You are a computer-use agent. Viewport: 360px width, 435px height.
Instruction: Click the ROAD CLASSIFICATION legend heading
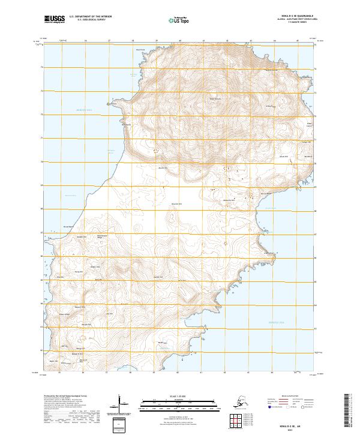pyautogui.click(x=287, y=397)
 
